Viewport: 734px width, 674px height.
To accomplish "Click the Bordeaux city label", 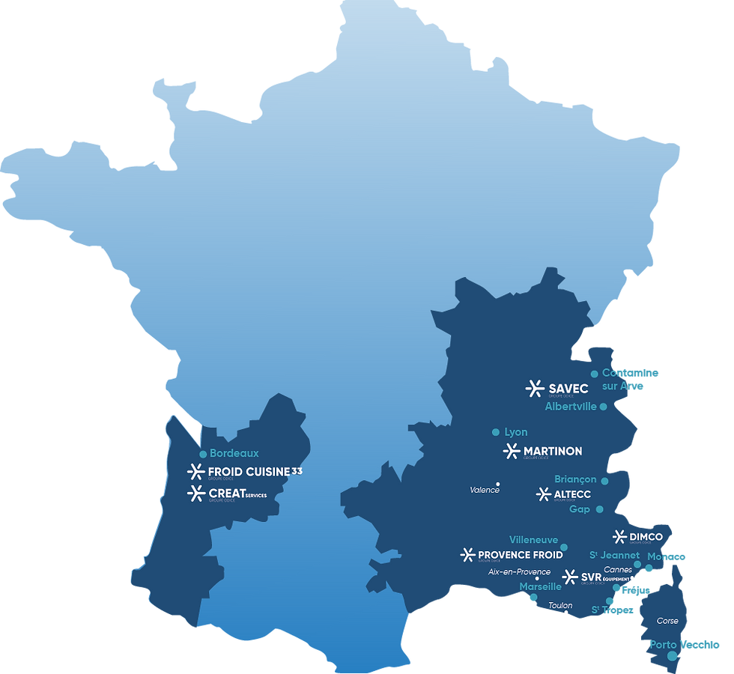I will coord(234,453).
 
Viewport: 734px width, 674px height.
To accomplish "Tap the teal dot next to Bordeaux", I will coord(203,454).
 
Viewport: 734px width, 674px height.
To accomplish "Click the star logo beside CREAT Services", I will coord(196,494).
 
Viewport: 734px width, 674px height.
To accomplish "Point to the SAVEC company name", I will coord(568,389).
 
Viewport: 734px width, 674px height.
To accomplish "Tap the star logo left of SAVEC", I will coord(535,389).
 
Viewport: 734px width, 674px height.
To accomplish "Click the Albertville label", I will coord(571,407).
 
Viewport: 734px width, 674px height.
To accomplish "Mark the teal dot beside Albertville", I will coord(604,407).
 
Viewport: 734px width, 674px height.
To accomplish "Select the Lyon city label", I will coord(516,432).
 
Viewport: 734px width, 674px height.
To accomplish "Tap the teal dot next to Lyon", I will coord(496,432).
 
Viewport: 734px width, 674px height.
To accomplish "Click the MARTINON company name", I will coord(553,451).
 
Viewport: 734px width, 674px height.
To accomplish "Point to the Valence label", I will coord(485,490).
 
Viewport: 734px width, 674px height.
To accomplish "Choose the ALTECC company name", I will coord(572,494).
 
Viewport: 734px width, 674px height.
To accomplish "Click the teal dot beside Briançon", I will coord(605,481).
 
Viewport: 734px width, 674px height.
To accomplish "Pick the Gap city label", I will coord(580,509).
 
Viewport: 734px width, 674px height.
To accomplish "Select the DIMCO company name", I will coord(646,536).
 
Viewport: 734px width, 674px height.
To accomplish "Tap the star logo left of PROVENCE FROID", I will coord(467,555).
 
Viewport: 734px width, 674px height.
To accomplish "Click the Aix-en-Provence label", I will coord(519,572).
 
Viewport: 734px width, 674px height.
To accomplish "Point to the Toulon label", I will coord(560,605).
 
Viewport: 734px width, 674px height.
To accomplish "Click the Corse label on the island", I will coord(667,621).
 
